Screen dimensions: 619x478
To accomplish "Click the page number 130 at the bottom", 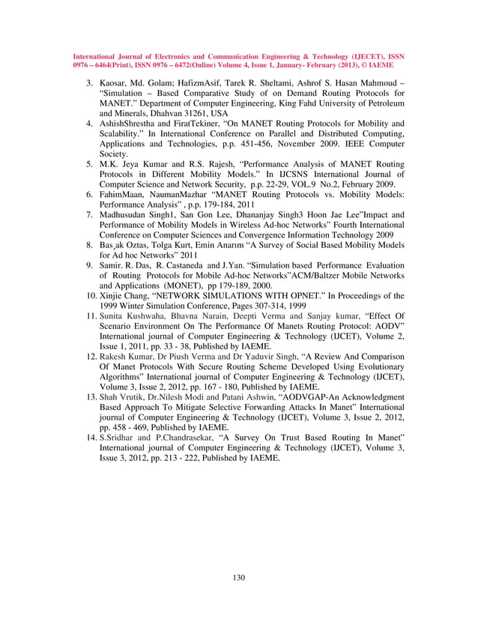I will pyautogui.click(x=239, y=576).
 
